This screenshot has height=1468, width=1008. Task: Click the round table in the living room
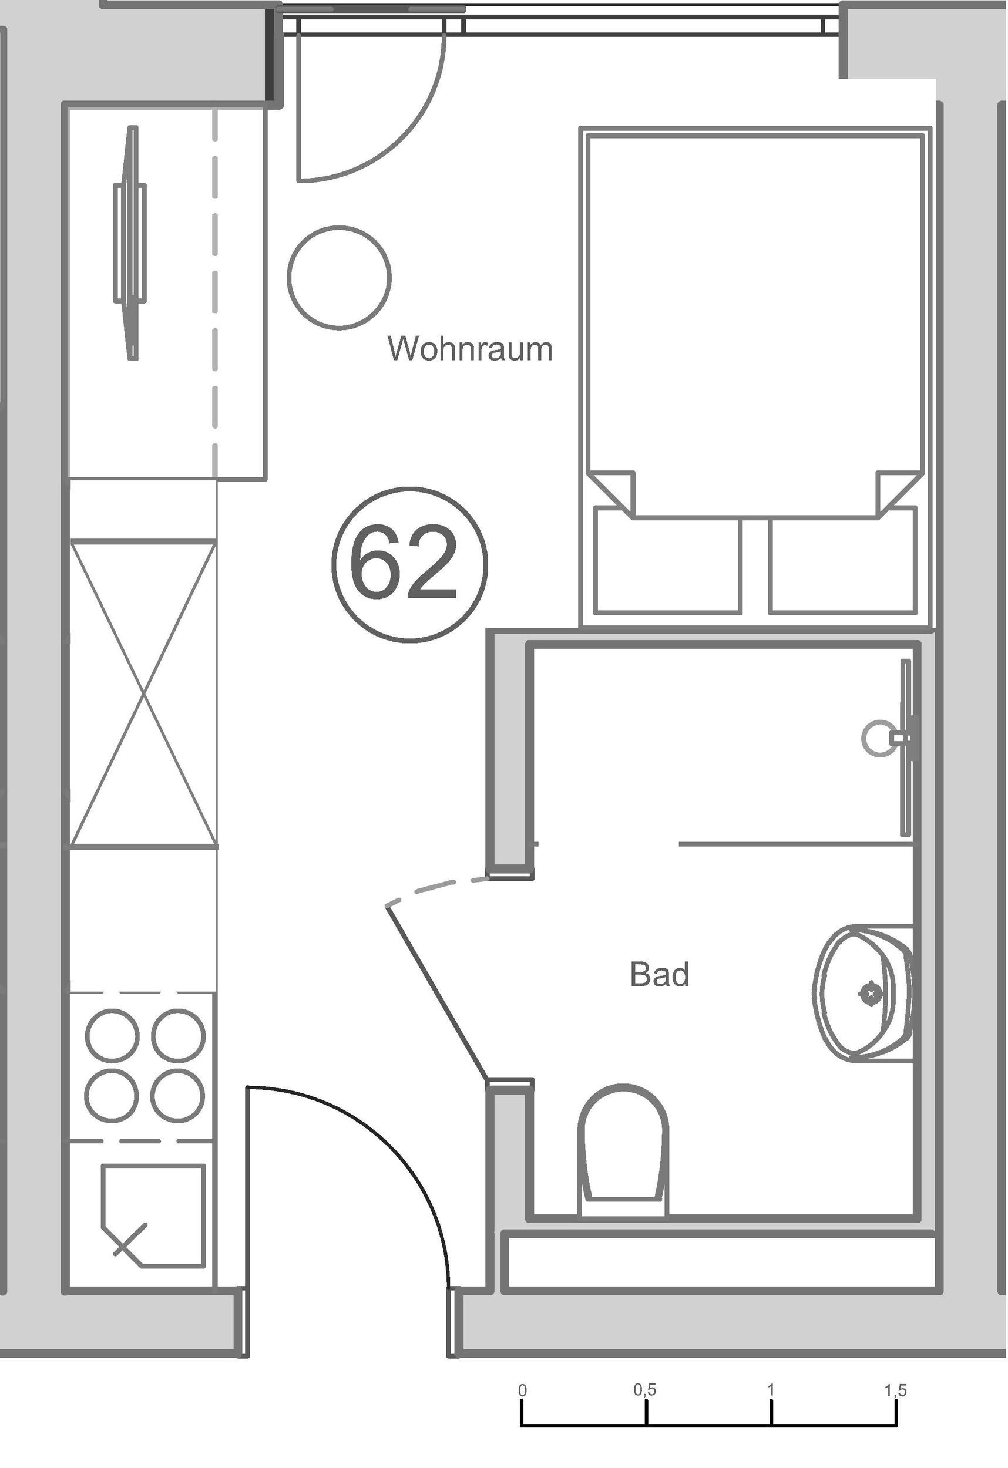[x=340, y=277]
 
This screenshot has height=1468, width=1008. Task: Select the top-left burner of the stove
[x=111, y=1036]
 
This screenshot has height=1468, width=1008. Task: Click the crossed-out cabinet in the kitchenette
[x=143, y=693]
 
